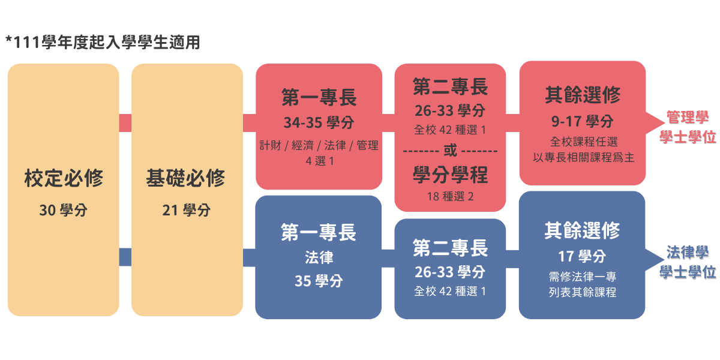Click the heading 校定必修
(x=64, y=178)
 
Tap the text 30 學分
(x=64, y=210)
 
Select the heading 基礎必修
(x=185, y=178)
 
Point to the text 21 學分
(x=187, y=210)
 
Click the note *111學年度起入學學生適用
(x=103, y=42)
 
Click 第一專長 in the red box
(x=319, y=97)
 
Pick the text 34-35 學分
(x=319, y=122)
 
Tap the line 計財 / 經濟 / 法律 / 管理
(x=319, y=145)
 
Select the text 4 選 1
(x=320, y=161)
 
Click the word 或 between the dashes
(x=450, y=151)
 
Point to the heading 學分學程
(x=451, y=175)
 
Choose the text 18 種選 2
(x=451, y=196)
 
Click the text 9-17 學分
(x=583, y=121)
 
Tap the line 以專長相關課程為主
(x=583, y=157)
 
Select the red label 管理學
(x=688, y=118)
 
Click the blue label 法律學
(x=688, y=253)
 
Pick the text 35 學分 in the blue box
(x=319, y=281)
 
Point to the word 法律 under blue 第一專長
(x=319, y=257)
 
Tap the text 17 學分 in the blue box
(x=582, y=257)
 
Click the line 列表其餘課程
(x=583, y=292)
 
